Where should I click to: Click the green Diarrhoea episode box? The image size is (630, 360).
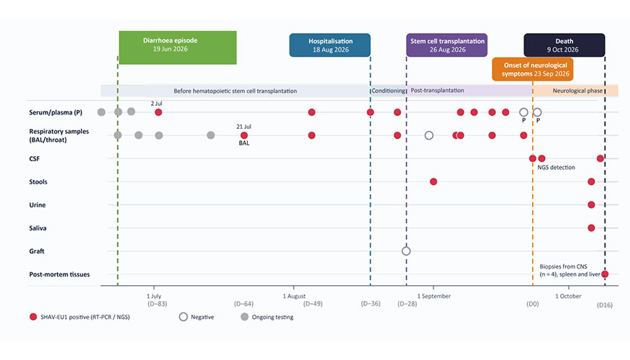[x=178, y=48]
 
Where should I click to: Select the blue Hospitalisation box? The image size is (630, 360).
[x=330, y=45]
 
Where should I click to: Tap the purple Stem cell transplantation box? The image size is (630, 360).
[x=447, y=45]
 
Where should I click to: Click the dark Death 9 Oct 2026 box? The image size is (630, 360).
[x=564, y=45]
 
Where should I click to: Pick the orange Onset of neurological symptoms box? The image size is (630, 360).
[x=533, y=69]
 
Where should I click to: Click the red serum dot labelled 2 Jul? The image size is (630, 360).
[x=158, y=112]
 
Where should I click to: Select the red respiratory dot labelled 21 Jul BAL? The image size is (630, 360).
[x=244, y=135]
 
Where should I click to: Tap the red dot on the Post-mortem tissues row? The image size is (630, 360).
[x=605, y=274]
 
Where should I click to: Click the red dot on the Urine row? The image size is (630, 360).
[x=591, y=205]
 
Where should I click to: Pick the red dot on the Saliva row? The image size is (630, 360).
[x=591, y=228]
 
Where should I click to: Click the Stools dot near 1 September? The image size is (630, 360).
[x=433, y=181]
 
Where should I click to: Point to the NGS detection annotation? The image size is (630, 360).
[x=556, y=168]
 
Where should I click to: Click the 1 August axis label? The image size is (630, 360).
[x=294, y=296]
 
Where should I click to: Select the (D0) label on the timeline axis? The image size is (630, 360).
[x=532, y=304]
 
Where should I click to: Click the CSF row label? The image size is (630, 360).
[x=35, y=158]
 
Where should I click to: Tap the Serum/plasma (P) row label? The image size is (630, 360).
[x=55, y=112]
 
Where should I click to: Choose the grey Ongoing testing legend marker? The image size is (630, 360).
[x=244, y=317]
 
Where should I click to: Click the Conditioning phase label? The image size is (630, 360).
[x=388, y=91]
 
